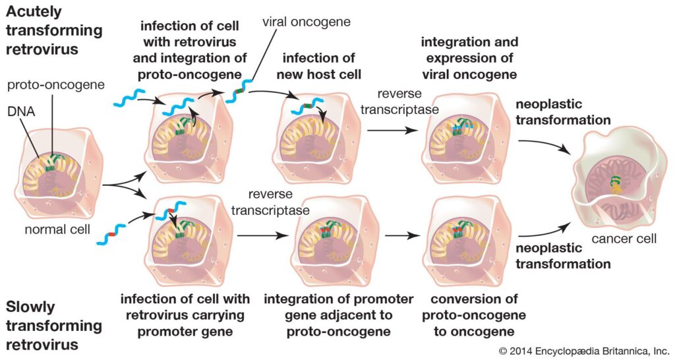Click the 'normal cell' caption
coord(53,231)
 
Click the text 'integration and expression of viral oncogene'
coord(469,57)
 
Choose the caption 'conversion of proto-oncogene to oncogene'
coord(469,315)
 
